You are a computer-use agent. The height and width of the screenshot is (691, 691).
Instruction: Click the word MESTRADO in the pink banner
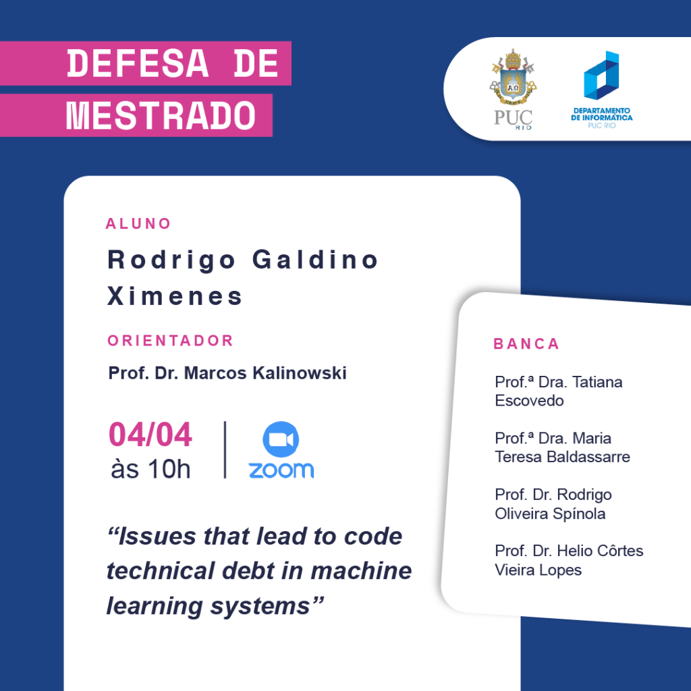161,115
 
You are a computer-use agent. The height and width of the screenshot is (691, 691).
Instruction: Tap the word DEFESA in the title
138,64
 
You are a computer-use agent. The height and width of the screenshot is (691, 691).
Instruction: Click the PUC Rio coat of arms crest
513,76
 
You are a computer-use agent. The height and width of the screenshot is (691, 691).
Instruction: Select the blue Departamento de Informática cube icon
601,75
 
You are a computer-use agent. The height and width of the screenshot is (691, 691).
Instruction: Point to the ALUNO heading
138,224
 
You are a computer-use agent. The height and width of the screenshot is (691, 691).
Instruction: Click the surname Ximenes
175,296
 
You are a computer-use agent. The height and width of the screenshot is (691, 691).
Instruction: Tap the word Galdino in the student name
315,259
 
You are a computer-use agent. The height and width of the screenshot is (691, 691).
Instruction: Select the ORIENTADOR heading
171,341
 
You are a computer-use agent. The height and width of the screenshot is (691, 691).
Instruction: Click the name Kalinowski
300,372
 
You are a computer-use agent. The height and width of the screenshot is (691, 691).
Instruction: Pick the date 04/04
150,435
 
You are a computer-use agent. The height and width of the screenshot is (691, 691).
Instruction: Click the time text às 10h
150,469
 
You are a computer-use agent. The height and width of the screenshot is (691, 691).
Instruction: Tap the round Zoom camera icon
281,439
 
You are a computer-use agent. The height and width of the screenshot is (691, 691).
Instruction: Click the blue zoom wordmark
281,470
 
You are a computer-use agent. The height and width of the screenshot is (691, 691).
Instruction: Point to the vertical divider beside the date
225,449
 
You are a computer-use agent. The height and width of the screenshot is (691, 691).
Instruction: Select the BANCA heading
526,343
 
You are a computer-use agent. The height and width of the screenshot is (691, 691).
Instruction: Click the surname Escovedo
529,401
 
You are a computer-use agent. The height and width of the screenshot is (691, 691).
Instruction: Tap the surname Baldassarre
588,457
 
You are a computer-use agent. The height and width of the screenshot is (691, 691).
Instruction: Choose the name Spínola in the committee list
579,514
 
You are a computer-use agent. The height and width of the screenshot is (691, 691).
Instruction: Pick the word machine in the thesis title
362,571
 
